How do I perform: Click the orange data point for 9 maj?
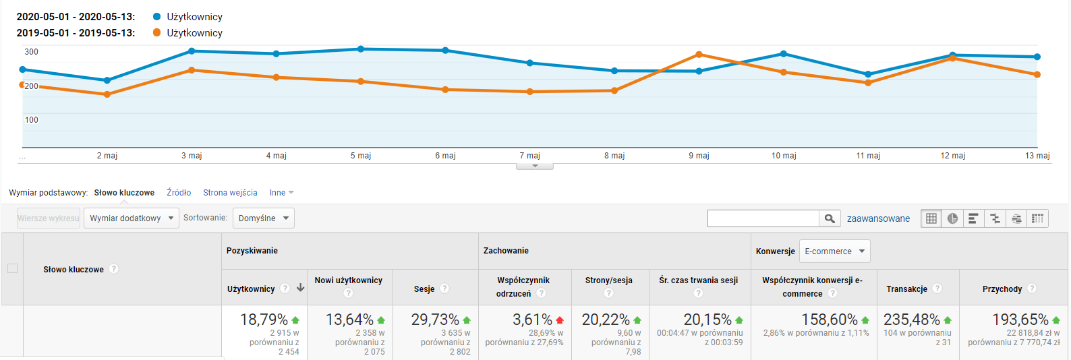699,55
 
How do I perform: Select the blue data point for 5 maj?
361,49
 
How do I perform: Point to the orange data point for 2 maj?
107,94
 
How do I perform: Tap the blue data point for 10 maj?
784,53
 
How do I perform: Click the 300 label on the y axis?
32,52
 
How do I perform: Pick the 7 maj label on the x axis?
529,155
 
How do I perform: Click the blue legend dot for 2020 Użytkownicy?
157,17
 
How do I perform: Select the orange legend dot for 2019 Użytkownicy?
157,32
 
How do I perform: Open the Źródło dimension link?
179,193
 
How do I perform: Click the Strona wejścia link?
230,193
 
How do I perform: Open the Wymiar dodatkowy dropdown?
132,218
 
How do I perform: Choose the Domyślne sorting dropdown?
264,218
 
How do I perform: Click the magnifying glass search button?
830,218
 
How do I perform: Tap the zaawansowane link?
878,218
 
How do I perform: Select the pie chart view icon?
952,218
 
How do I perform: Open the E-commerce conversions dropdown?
835,251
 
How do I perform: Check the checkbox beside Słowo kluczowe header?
12,269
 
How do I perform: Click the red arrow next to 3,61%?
560,320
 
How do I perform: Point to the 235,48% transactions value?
912,320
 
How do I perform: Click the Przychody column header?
1002,289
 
